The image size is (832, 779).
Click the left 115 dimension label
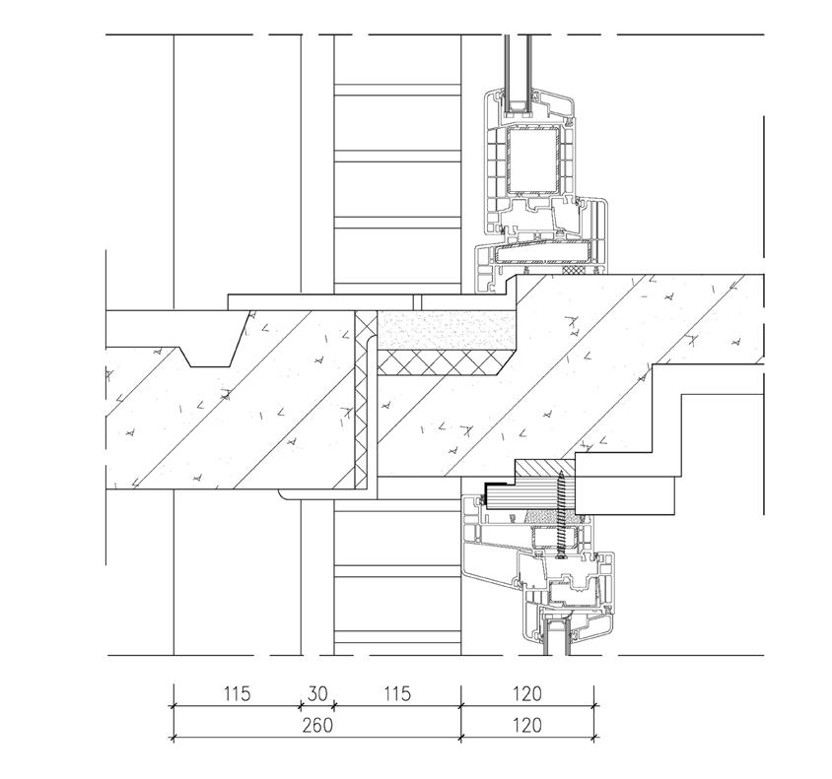(x=237, y=693)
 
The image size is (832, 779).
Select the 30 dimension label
(x=317, y=693)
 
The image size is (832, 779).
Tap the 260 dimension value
(x=317, y=725)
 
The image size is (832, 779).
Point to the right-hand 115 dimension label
(x=397, y=693)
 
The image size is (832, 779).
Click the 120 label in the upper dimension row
(x=526, y=693)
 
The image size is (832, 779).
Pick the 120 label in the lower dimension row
(x=526, y=725)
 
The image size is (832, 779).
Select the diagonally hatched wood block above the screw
(x=546, y=468)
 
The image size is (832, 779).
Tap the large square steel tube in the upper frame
(x=533, y=160)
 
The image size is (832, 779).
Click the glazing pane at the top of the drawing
(x=518, y=73)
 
